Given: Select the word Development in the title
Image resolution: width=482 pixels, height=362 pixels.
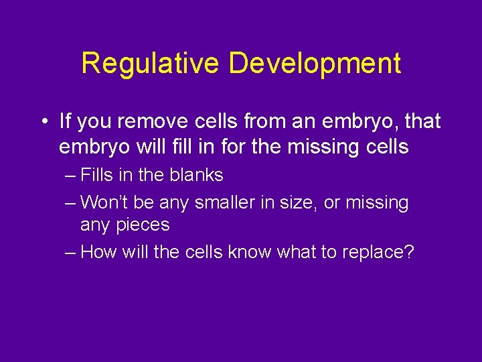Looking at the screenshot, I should (x=314, y=63).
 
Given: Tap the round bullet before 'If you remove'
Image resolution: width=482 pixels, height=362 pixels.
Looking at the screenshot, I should (x=42, y=122).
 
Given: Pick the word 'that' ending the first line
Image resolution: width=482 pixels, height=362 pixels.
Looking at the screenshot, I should (x=423, y=121).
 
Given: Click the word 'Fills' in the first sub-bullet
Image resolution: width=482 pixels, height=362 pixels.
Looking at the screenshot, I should (x=96, y=175).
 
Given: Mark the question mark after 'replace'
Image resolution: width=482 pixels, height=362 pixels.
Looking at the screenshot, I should (x=410, y=252).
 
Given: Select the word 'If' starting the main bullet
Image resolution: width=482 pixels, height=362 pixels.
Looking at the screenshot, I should (x=65, y=121).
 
